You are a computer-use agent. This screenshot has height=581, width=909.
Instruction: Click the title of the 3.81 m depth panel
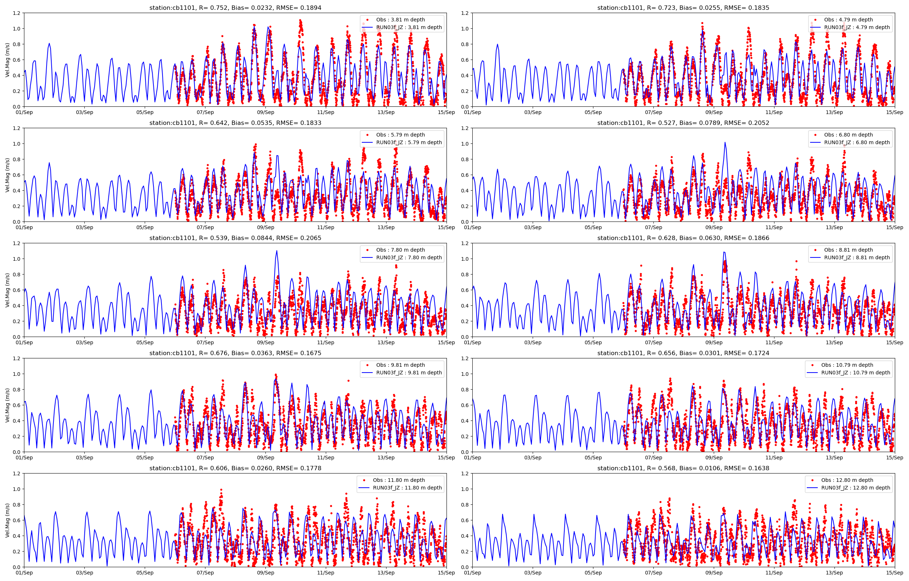pyautogui.click(x=235, y=8)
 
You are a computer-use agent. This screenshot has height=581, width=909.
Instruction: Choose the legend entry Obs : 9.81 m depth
pyautogui.click(x=400, y=365)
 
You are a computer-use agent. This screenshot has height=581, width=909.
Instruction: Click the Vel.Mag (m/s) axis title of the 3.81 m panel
pyautogui.click(x=8, y=60)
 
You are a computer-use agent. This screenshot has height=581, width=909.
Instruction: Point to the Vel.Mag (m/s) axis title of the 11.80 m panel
pyautogui.click(x=8, y=520)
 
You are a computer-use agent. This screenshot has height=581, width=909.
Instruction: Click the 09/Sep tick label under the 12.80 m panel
pyautogui.click(x=714, y=573)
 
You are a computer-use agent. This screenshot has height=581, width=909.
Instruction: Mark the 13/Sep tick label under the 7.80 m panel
pyautogui.click(x=386, y=342)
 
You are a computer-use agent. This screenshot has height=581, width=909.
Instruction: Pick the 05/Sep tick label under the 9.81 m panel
pyautogui.click(x=145, y=458)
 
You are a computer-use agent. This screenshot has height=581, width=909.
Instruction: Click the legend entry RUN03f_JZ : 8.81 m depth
pyautogui.click(x=857, y=257)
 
